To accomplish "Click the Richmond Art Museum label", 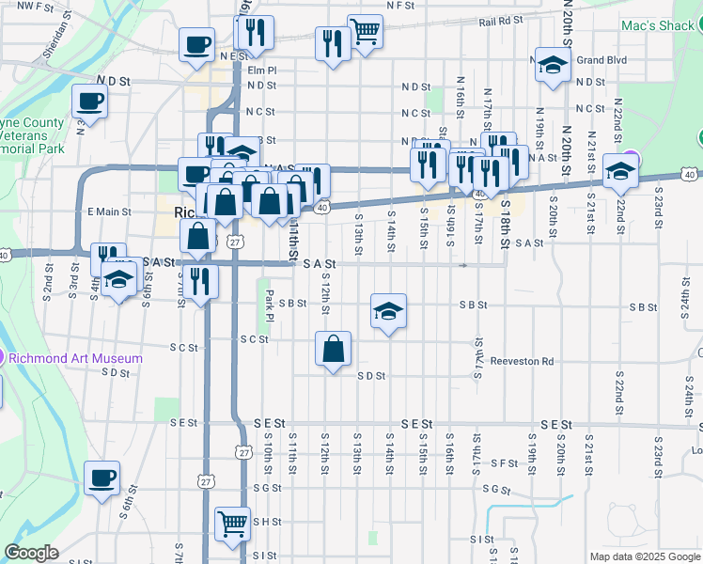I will (x=76, y=358).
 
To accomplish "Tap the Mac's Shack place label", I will (x=657, y=25).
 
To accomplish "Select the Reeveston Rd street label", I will (x=523, y=361).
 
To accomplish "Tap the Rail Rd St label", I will (x=499, y=21).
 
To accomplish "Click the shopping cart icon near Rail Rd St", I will (x=365, y=29).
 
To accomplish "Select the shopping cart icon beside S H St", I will (x=232, y=522).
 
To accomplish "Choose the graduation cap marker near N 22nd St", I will (x=620, y=170).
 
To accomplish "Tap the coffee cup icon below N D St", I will (x=90, y=102).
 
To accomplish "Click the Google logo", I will (x=31, y=553).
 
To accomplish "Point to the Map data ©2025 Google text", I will (x=644, y=556).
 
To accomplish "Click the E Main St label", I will (x=109, y=211).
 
